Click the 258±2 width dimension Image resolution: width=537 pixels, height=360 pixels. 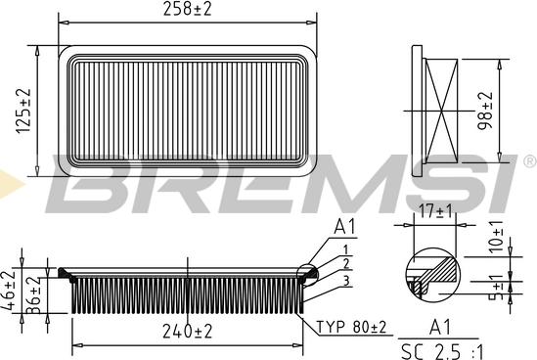pos(188,9)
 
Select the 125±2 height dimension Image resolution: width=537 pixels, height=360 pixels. pos(23,111)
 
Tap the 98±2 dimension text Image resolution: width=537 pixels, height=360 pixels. pos(485,111)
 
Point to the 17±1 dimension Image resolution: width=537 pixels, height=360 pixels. pos(435,210)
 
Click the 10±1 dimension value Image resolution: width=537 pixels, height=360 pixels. pos(496,237)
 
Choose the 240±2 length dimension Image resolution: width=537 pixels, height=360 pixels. pos(188,332)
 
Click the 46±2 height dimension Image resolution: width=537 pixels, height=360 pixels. pos(8,291)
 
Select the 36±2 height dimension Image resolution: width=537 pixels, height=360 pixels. pos(33,295)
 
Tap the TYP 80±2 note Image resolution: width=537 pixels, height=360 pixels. pos(351,327)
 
